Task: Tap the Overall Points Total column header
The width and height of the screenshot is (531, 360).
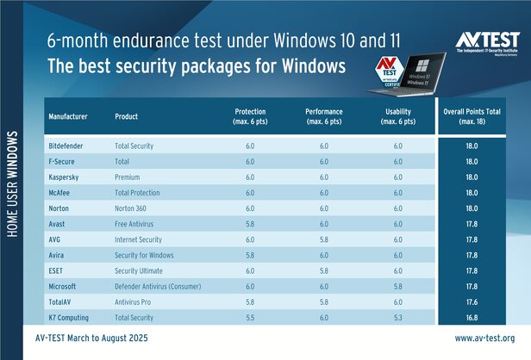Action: (x=472, y=115)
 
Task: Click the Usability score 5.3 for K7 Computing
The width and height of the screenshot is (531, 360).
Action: (x=397, y=318)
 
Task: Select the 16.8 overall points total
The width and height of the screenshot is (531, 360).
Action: (x=472, y=318)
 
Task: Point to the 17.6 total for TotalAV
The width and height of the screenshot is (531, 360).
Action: (x=472, y=302)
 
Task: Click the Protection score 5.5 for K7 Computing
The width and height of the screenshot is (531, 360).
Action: (x=250, y=318)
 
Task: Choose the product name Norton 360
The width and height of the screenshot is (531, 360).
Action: (x=133, y=208)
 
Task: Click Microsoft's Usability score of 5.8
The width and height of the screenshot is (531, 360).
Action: (x=397, y=287)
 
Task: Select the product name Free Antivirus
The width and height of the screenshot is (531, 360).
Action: (x=138, y=224)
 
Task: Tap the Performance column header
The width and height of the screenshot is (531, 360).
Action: (x=324, y=115)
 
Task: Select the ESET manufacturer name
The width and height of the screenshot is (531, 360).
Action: (x=59, y=271)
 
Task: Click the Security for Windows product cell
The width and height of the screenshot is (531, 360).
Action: (x=144, y=256)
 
